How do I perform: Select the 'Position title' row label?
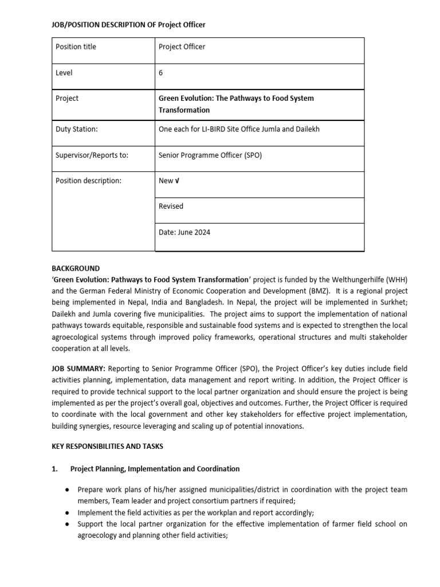pos(76,46)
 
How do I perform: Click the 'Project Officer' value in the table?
pos(182,46)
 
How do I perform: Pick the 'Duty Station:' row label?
pos(76,129)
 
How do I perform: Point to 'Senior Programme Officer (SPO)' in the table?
pos(210,155)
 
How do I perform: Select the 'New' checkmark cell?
pos(168,181)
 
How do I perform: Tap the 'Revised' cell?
pos(171,206)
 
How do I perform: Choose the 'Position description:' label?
pos(88,181)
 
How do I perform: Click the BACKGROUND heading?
pos(76,268)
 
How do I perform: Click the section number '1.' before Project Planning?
pos(55,468)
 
